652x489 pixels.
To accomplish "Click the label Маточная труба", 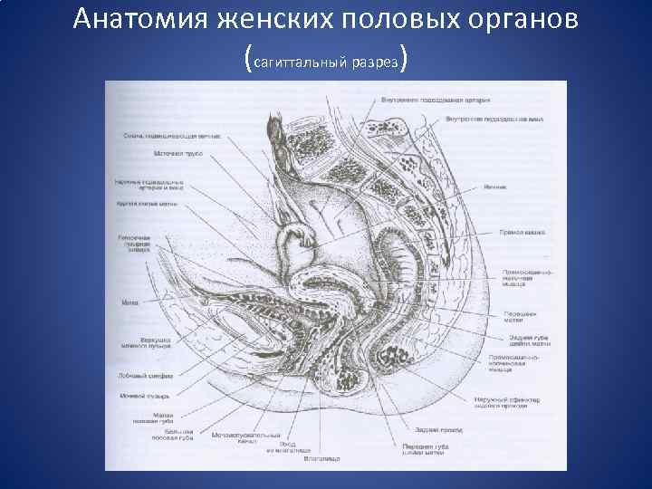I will click(177, 154).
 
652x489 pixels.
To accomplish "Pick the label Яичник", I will click(495, 187).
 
